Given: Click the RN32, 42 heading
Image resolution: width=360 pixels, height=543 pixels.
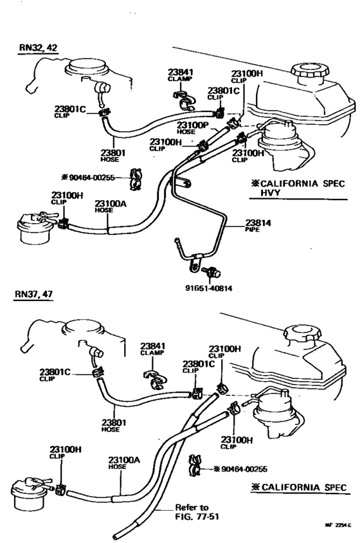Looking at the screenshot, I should pyautogui.click(x=38, y=49).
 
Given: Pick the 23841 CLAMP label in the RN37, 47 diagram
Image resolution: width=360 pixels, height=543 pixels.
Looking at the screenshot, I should pyautogui.click(x=153, y=348).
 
